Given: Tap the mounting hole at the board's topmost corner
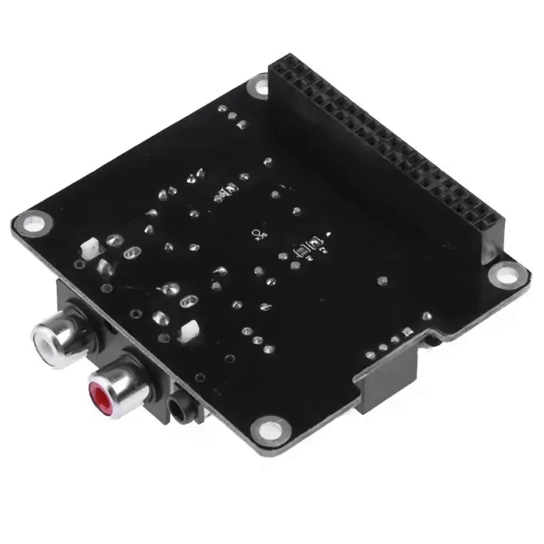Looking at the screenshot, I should click(x=260, y=86).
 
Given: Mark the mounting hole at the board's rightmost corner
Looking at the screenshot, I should click(x=503, y=273).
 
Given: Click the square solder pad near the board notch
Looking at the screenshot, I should click(x=406, y=331).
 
